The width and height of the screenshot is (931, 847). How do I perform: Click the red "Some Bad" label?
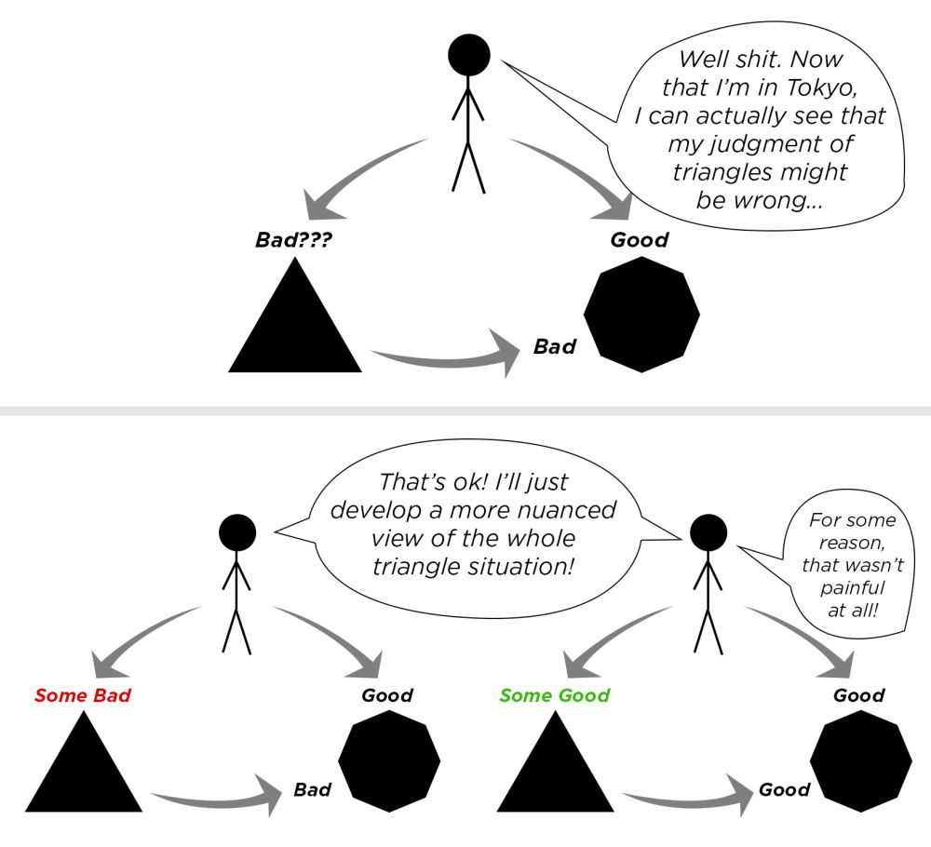(x=83, y=696)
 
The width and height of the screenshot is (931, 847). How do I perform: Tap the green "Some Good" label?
(x=555, y=696)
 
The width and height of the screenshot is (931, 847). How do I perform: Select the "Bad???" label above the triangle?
(x=294, y=240)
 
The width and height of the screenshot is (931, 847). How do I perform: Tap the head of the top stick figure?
(x=469, y=56)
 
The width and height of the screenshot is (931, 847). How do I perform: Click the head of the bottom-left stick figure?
(x=236, y=535)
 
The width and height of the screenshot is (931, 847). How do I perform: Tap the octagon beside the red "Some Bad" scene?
(x=376, y=761)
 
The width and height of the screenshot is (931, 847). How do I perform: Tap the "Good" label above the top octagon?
(x=640, y=240)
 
